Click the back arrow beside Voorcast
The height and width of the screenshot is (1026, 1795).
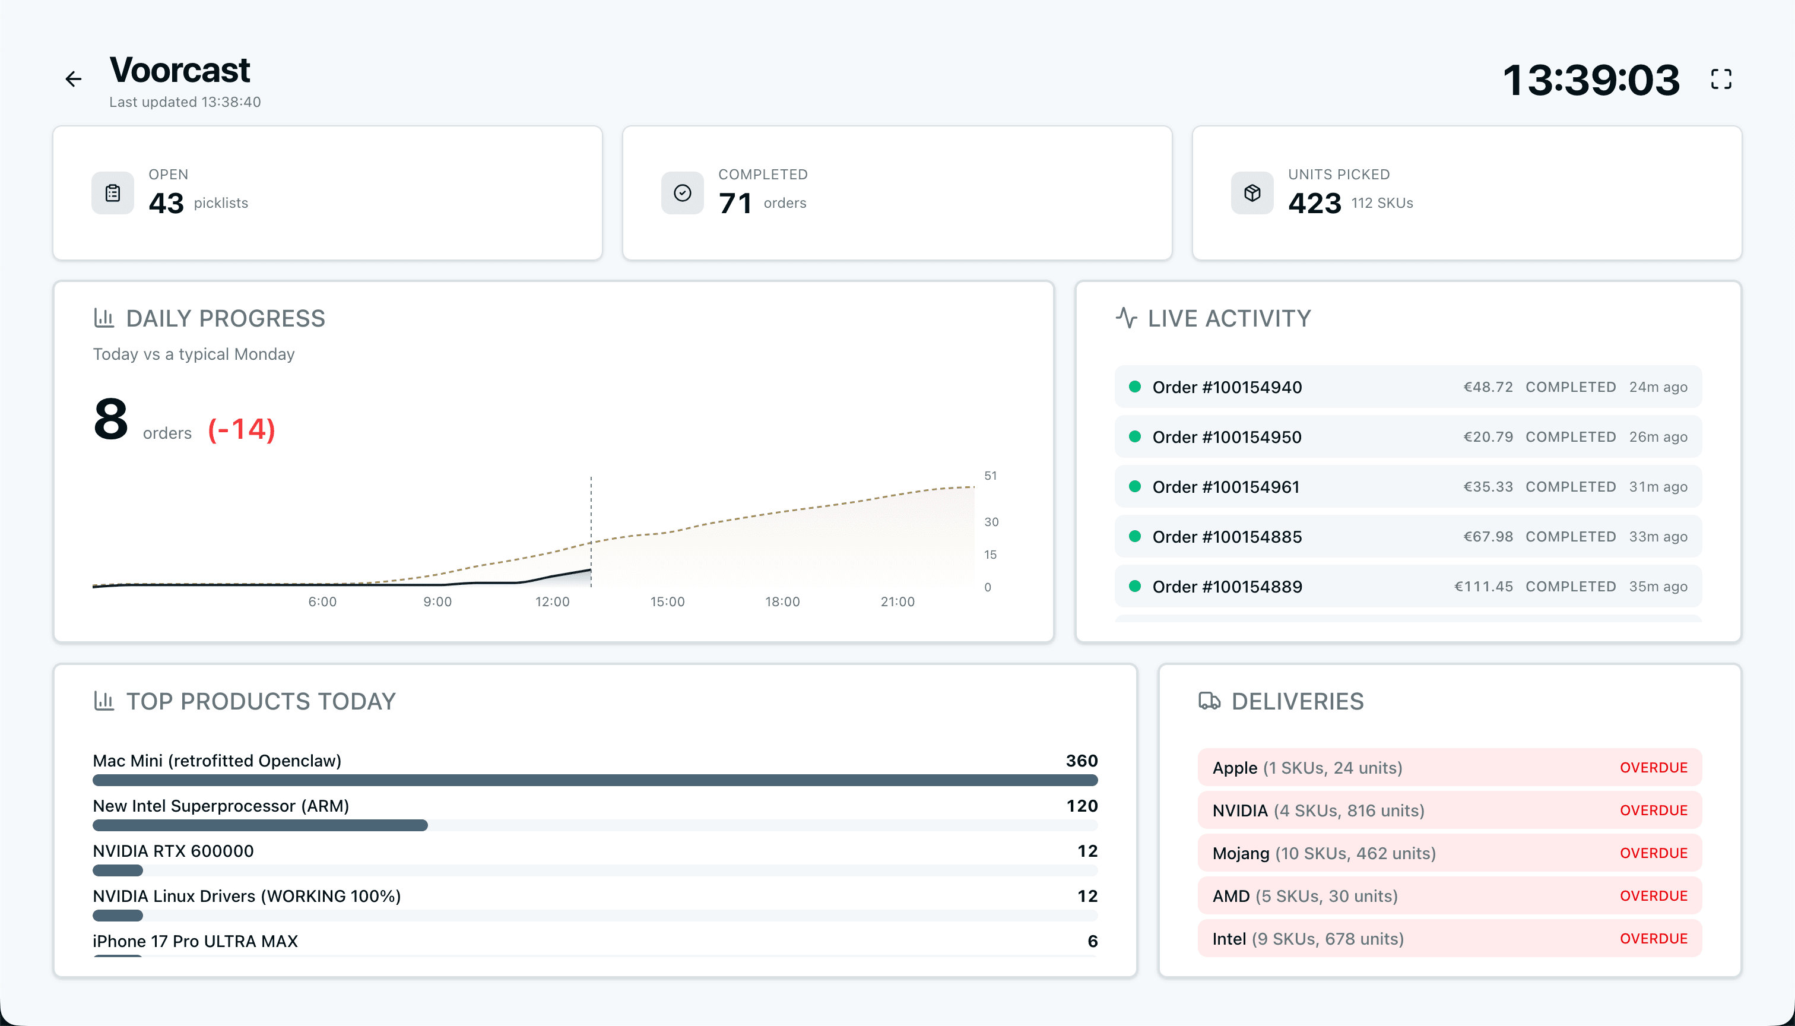tap(73, 79)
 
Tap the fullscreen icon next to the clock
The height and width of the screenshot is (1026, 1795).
tap(1720, 79)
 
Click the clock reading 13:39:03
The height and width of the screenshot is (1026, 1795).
tap(1591, 80)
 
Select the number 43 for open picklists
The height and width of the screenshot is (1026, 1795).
tap(166, 203)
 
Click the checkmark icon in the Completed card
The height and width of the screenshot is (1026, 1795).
tap(682, 193)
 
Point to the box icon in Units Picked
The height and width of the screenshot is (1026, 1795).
tap(1252, 193)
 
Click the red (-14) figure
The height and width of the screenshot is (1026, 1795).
tap(242, 429)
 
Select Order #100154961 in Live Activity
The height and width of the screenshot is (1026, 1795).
tap(1225, 487)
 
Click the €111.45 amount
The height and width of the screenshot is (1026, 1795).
tap(1483, 586)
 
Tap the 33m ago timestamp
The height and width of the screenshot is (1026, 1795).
tap(1658, 537)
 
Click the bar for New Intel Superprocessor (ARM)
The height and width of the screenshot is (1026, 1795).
tap(260, 825)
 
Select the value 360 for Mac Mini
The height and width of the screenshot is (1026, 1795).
tap(1082, 761)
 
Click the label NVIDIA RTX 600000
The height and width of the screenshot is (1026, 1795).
tap(173, 850)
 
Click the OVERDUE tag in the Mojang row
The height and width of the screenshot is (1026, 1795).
tap(1653, 853)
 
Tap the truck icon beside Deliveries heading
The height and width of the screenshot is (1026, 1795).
tap(1209, 701)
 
